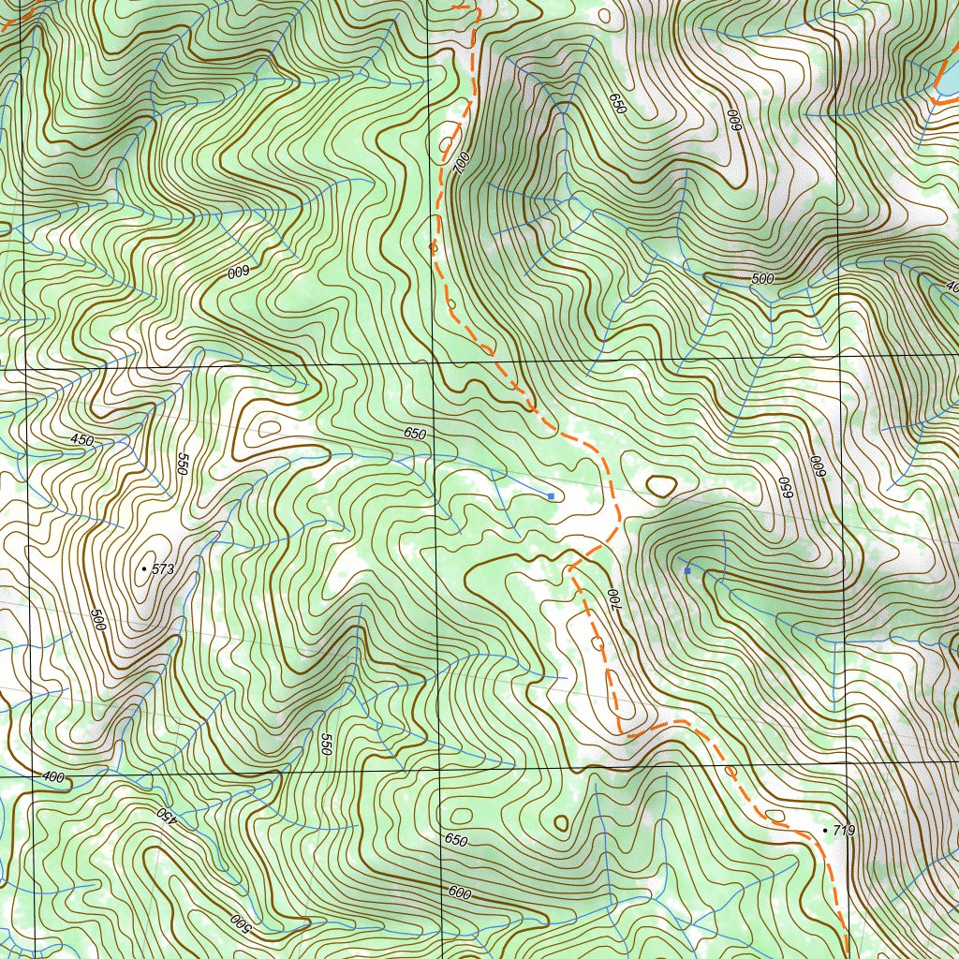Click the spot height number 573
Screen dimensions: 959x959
click(x=163, y=568)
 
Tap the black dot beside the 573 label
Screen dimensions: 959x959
click(x=143, y=568)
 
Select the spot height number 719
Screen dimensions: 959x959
click(x=843, y=831)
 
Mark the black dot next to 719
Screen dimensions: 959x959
click(x=824, y=831)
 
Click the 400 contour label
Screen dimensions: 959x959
click(x=53, y=777)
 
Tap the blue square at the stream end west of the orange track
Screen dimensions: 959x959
click(x=551, y=495)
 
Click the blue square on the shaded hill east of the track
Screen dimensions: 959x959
click(x=687, y=570)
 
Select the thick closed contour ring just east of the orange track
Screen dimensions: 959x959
click(x=661, y=485)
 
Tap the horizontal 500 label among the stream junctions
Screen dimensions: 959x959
click(x=762, y=279)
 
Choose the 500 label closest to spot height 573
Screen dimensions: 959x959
click(x=97, y=620)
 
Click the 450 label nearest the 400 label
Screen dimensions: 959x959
click(x=166, y=814)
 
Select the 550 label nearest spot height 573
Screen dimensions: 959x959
click(x=183, y=464)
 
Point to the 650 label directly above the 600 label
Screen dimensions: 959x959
click(x=455, y=839)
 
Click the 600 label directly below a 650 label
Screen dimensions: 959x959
click(x=459, y=893)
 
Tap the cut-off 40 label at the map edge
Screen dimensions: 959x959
click(x=952, y=288)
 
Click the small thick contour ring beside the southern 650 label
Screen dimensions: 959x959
click(x=561, y=823)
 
